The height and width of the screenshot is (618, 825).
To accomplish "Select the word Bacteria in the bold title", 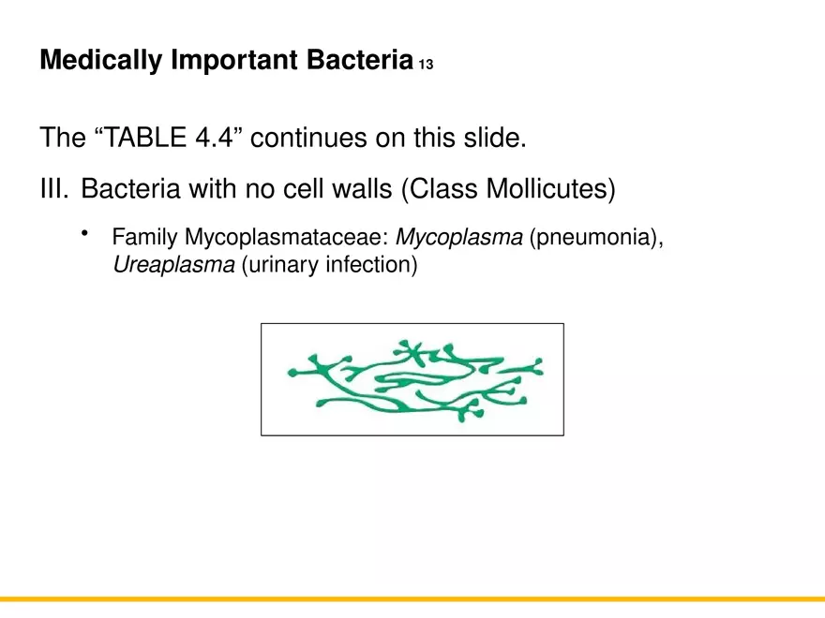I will [x=361, y=61].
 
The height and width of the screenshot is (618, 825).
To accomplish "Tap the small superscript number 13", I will [x=426, y=66].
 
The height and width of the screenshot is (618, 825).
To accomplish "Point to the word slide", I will [x=494, y=139].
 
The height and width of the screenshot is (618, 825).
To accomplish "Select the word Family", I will [x=145, y=238].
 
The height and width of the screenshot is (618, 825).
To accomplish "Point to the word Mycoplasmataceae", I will [x=286, y=238].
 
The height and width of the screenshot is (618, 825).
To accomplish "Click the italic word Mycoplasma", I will [x=459, y=238].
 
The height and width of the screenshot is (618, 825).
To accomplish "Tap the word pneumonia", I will [x=595, y=238].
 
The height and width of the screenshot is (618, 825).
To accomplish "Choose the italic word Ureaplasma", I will [x=173, y=265].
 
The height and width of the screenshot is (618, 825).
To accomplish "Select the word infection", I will [x=370, y=265].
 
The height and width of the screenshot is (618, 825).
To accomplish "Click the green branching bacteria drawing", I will [x=412, y=379].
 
